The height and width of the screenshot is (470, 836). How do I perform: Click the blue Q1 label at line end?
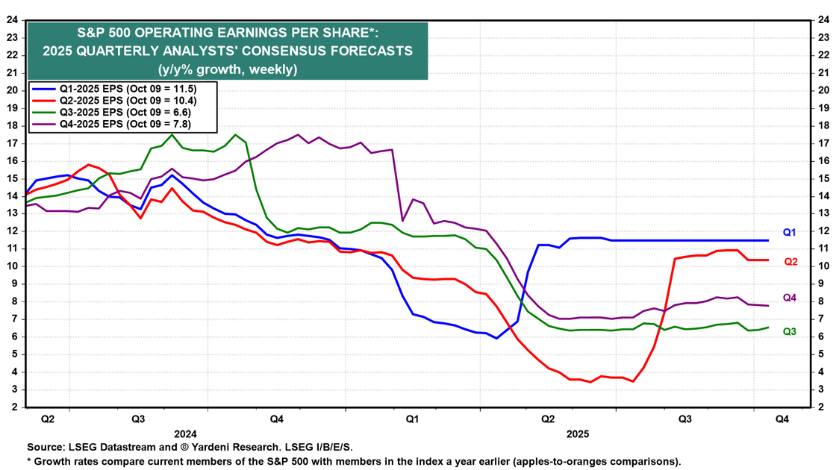point(790,233)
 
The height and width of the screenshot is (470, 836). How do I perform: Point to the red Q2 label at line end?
point(790,262)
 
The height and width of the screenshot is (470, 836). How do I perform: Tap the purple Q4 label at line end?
point(790,298)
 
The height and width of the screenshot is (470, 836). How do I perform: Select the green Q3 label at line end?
point(790,331)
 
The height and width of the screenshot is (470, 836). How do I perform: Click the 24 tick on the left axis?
point(13,19)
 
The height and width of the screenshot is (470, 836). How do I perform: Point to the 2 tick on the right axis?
point(820,407)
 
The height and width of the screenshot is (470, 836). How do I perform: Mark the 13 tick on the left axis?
point(13,213)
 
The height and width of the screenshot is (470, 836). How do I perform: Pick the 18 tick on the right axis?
point(823,125)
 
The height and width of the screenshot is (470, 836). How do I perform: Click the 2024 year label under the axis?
point(184,433)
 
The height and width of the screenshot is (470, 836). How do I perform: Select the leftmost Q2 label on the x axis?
point(47,419)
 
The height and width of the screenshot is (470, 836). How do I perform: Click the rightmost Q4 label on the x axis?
point(782,419)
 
